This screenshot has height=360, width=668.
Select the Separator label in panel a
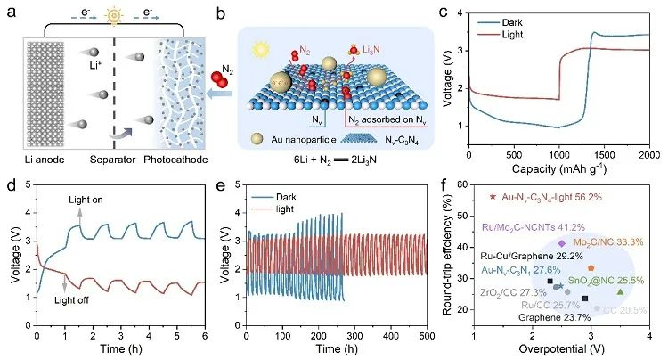[x=114, y=160]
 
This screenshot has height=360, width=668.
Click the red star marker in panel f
[x=493, y=196]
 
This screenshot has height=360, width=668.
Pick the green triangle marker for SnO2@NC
[x=620, y=291]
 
